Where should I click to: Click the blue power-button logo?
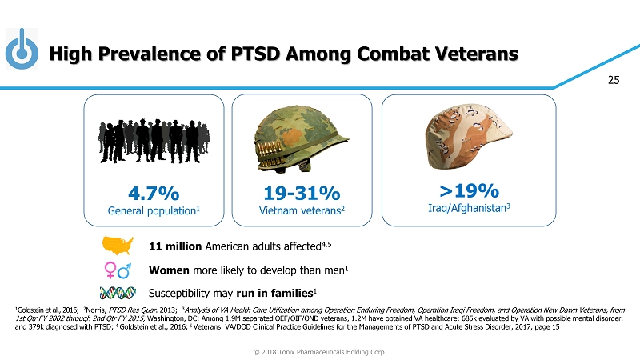click(22, 50)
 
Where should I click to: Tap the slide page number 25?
click(614, 79)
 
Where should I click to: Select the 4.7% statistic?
click(153, 194)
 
